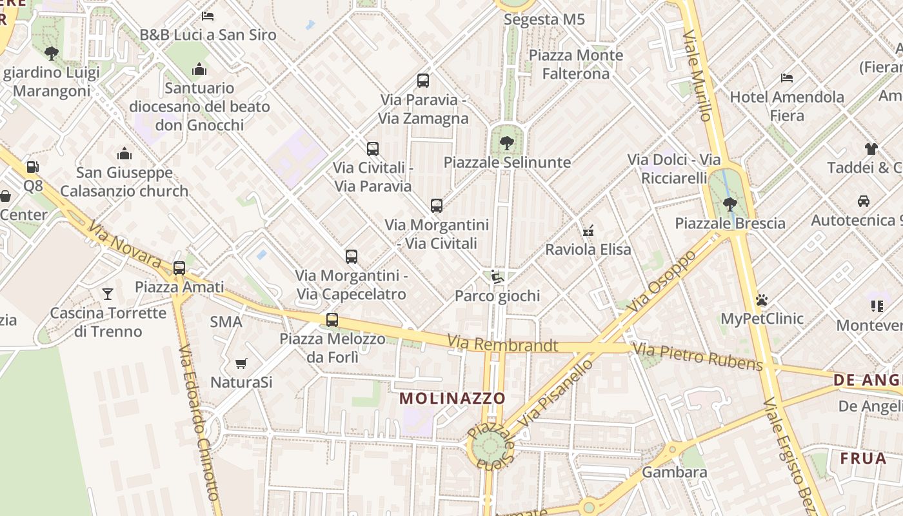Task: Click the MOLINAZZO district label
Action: (x=452, y=398)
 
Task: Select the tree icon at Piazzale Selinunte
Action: (x=507, y=143)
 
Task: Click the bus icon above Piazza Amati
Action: (x=179, y=268)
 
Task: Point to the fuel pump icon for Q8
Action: (x=32, y=167)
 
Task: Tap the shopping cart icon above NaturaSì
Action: (x=241, y=363)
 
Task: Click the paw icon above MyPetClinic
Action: (x=762, y=300)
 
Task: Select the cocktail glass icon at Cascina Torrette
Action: (x=108, y=294)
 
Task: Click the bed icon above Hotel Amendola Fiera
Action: (x=787, y=78)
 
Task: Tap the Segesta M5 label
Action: (x=544, y=19)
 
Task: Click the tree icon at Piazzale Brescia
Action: (x=730, y=204)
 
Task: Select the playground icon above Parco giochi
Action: (x=497, y=277)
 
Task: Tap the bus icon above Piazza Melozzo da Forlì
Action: (x=332, y=319)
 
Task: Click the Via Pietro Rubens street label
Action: (x=697, y=357)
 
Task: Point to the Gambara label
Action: (x=675, y=472)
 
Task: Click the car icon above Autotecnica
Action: (x=864, y=201)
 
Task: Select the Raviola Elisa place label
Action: (x=588, y=249)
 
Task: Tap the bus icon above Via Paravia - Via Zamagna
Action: (x=423, y=81)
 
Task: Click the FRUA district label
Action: (x=863, y=458)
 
